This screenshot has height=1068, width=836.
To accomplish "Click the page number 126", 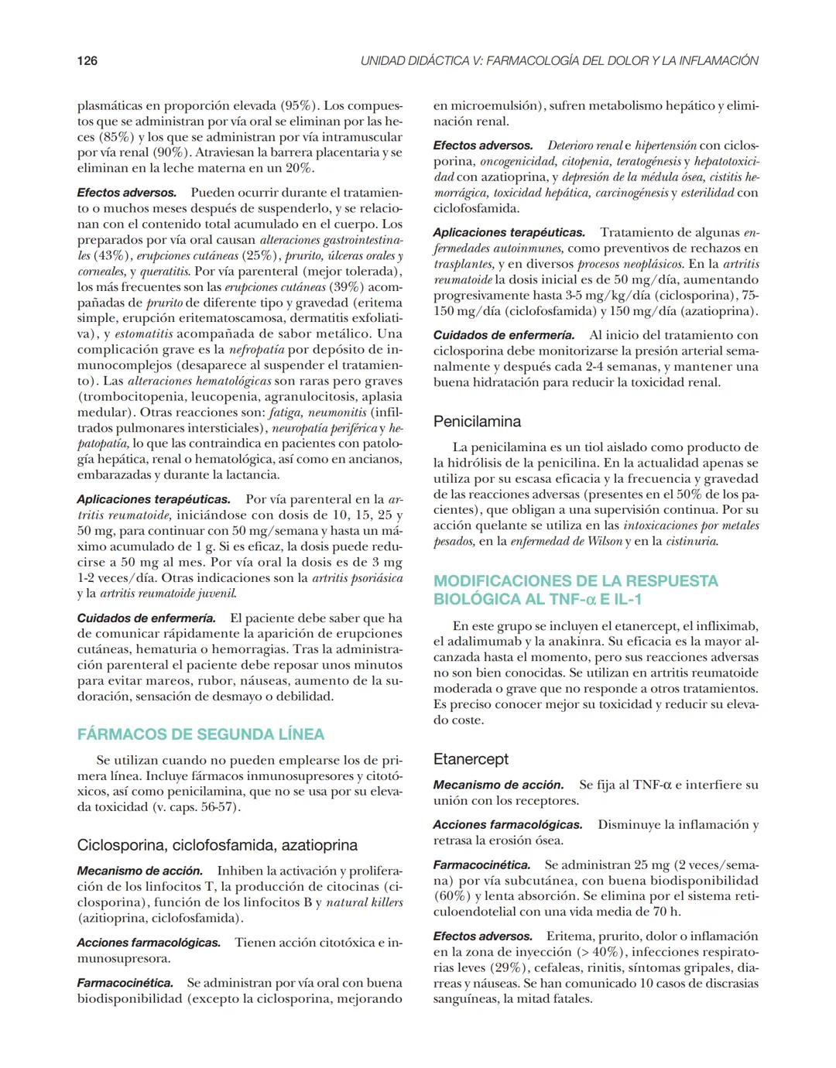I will [87, 60].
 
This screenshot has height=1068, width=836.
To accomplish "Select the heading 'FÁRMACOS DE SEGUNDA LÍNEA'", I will [200, 734].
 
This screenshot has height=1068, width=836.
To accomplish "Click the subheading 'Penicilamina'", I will [477, 422].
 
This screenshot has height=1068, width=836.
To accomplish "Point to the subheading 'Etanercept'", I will [471, 759].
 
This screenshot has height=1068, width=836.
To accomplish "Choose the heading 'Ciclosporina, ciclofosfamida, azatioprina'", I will [218, 845].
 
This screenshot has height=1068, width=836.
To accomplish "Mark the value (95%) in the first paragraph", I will [297, 105].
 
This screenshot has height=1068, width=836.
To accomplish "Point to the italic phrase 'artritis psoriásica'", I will [357, 578].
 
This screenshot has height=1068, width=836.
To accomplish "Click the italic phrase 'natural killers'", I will [365, 902].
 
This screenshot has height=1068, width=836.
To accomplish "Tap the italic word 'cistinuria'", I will [691, 542].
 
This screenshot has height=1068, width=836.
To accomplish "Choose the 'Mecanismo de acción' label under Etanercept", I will [498, 785].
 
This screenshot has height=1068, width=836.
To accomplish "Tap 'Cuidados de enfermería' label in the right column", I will [503, 335].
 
